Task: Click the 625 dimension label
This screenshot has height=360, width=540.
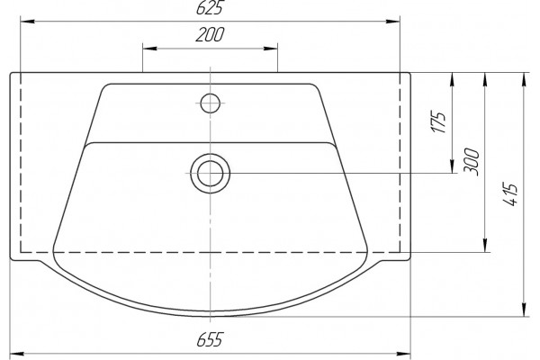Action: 209,7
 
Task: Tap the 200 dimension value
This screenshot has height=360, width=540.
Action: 210,34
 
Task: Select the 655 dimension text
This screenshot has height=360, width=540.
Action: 210,339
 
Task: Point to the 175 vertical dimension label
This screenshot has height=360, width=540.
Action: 439,122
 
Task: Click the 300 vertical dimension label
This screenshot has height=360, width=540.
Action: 471,162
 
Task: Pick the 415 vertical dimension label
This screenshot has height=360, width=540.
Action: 510,193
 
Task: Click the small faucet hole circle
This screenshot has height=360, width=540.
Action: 210,103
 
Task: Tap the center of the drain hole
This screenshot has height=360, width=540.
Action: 210,174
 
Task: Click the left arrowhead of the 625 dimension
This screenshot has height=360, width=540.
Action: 28,22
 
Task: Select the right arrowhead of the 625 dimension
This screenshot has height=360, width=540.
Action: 393,22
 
